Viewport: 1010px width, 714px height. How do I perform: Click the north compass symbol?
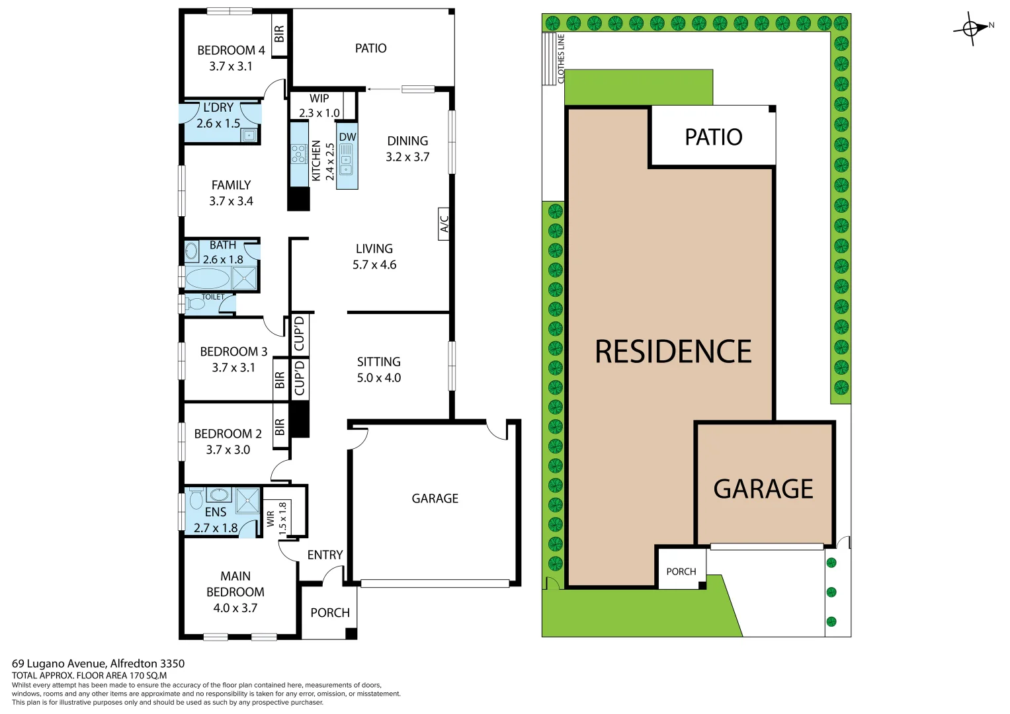click(971, 28)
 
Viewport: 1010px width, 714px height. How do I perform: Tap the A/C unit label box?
click(444, 224)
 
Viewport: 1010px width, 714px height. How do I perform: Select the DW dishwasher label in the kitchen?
click(347, 137)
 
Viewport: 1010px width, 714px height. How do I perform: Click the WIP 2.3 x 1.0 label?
click(319, 106)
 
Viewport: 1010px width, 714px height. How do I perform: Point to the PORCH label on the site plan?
click(681, 571)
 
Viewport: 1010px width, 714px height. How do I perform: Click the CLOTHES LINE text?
click(562, 59)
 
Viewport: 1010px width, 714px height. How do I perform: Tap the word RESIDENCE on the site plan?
click(673, 352)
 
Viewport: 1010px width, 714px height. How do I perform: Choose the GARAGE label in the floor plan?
click(435, 498)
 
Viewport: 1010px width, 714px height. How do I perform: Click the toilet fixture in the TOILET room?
click(196, 304)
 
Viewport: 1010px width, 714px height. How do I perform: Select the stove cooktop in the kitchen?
click(298, 154)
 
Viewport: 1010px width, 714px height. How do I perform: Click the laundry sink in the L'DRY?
click(249, 135)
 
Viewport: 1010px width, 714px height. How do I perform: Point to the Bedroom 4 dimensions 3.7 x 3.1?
click(231, 66)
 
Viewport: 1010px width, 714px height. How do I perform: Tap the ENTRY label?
click(325, 555)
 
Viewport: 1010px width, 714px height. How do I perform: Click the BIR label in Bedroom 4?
click(279, 34)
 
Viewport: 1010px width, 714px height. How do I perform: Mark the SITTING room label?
click(378, 362)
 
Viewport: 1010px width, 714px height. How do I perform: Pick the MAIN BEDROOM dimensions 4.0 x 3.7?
click(235, 608)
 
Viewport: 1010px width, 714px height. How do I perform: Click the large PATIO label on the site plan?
click(713, 137)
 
